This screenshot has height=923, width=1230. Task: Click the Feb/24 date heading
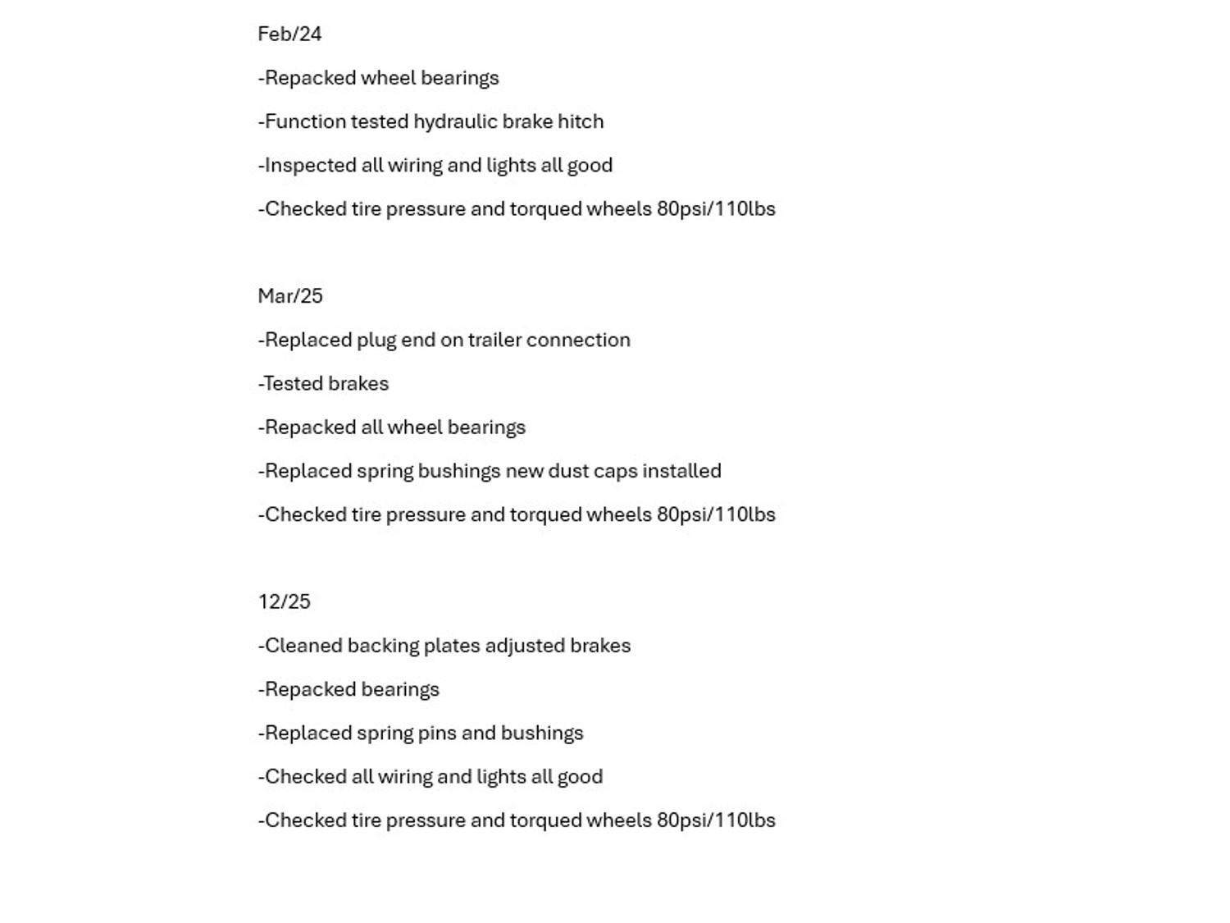[289, 34]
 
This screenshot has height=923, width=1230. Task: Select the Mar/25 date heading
[290, 296]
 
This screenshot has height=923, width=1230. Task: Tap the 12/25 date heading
[284, 602]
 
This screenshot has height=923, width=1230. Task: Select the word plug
[376, 340]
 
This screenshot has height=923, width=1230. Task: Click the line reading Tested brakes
[324, 384]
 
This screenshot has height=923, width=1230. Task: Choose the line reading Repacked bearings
[349, 689]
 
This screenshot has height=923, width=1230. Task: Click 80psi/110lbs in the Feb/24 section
[716, 209]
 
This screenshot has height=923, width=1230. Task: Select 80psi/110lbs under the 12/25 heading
[716, 820]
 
